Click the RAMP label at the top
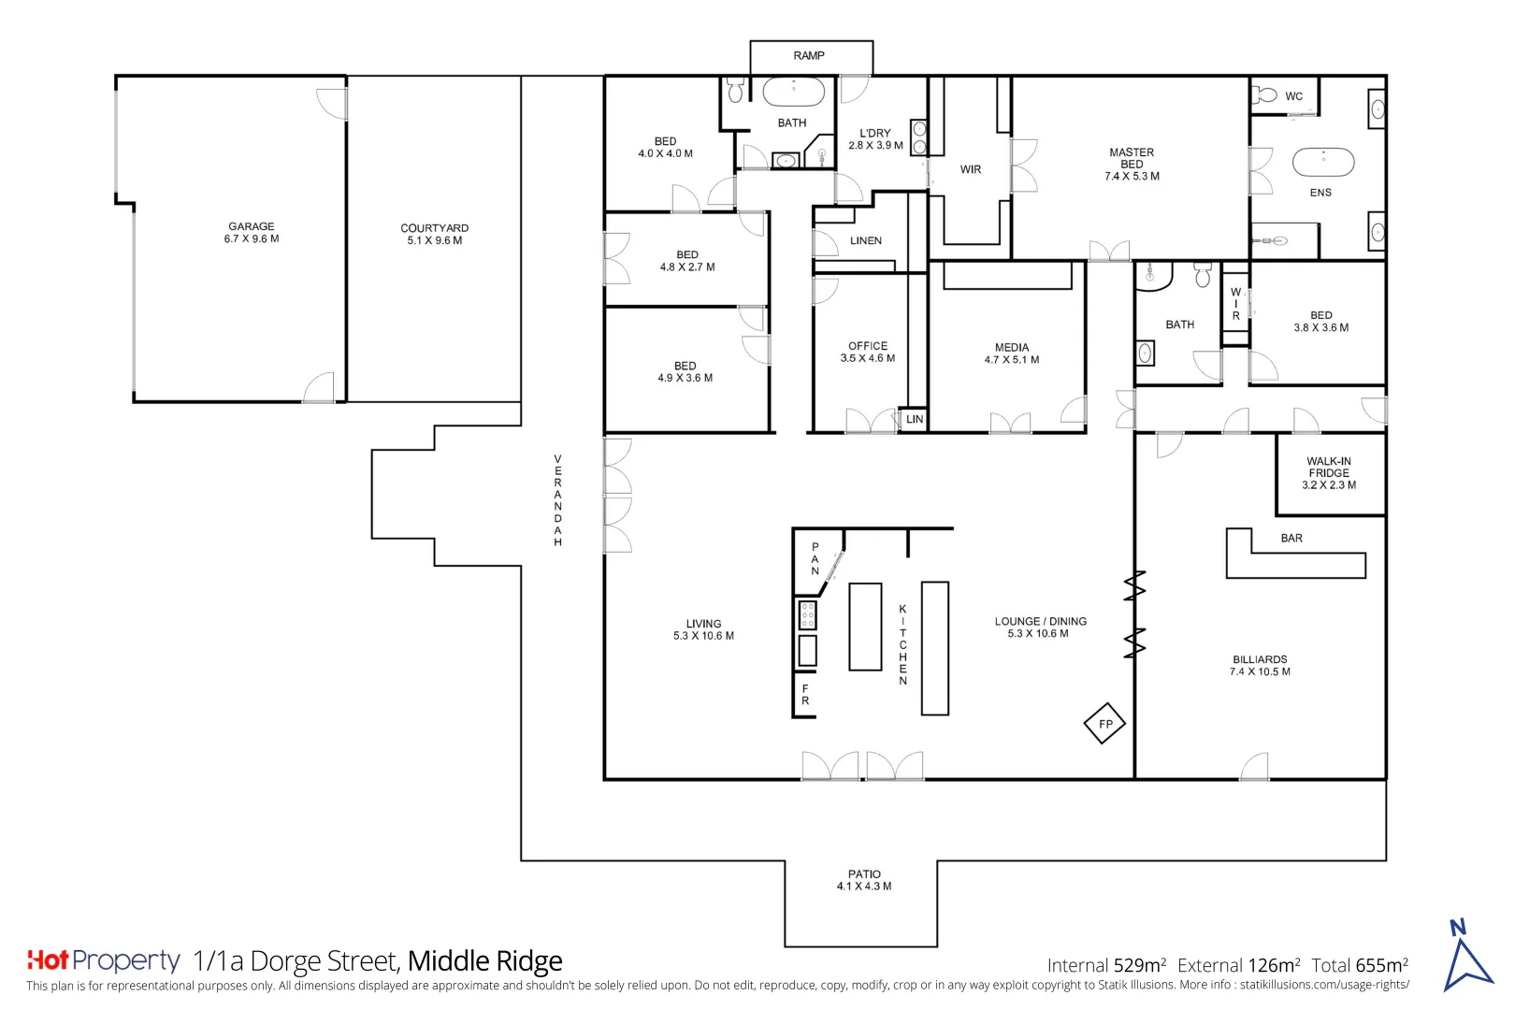pyautogui.click(x=809, y=55)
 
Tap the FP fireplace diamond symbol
pyautogui.click(x=1104, y=723)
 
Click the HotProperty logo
pyautogui.click(x=104, y=960)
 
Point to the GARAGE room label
pyautogui.click(x=251, y=226)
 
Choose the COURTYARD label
pyautogui.click(x=434, y=228)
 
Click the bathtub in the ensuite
pyautogui.click(x=1323, y=163)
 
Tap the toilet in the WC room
pyautogui.click(x=1264, y=95)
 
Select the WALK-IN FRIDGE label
pyautogui.click(x=1329, y=467)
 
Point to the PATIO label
pyautogui.click(x=864, y=874)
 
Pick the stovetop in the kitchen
pyautogui.click(x=808, y=615)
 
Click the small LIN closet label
pyautogui.click(x=915, y=419)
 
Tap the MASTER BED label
pyautogui.click(x=1132, y=158)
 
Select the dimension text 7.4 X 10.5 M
pyautogui.click(x=1260, y=671)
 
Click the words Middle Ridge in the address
pyautogui.click(x=485, y=960)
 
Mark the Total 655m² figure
pyautogui.click(x=1360, y=965)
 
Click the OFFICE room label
pyautogui.click(x=868, y=346)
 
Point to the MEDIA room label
pyautogui.click(x=1012, y=347)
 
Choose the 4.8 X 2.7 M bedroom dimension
pyautogui.click(x=687, y=267)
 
